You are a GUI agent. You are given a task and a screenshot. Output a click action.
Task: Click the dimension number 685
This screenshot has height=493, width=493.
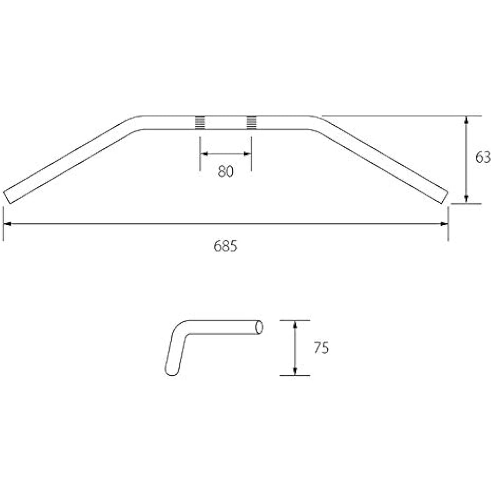pyautogui.click(x=225, y=246)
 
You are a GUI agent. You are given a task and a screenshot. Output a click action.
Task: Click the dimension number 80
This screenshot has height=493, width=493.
pyautogui.click(x=225, y=172)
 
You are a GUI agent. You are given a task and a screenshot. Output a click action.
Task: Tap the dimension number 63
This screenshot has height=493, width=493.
pyautogui.click(x=483, y=157)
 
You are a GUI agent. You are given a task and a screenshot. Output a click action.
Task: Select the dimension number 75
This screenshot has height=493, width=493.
pyautogui.click(x=321, y=348)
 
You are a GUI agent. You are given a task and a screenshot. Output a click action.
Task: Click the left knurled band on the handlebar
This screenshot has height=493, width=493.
pyautogui.click(x=200, y=123)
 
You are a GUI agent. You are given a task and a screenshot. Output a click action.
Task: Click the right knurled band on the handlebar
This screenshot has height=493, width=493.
pyautogui.click(x=251, y=123)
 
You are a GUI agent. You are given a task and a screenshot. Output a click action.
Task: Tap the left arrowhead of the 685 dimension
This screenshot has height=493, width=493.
pyautogui.click(x=7, y=224)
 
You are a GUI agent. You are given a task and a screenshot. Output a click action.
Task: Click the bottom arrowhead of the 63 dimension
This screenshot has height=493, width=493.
pyautogui.click(x=466, y=200)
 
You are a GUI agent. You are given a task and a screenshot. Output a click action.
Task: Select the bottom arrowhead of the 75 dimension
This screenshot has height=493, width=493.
pyautogui.click(x=295, y=372)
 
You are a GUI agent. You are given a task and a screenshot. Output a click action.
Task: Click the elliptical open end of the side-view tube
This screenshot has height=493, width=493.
pyautogui.click(x=259, y=327)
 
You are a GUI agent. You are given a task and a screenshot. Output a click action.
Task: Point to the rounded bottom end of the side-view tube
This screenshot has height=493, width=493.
pyautogui.click(x=171, y=370)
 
